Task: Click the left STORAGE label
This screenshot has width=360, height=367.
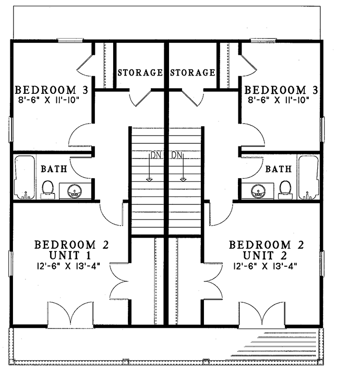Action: click(x=140, y=72)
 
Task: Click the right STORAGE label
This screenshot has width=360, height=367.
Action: click(x=193, y=72)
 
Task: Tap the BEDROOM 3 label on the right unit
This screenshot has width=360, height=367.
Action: click(x=282, y=89)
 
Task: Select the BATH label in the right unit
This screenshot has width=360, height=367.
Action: click(x=278, y=169)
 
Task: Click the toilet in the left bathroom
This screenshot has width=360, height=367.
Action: click(x=47, y=189)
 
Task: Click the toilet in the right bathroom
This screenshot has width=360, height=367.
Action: click(x=285, y=189)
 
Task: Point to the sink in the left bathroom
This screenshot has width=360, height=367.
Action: click(x=75, y=191)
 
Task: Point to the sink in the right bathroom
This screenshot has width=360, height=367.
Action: click(x=257, y=191)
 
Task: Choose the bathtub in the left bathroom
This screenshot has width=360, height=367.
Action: click(x=23, y=177)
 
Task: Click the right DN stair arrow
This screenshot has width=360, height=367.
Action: click(x=183, y=167)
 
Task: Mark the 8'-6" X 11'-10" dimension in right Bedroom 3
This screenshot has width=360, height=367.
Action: click(x=282, y=99)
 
